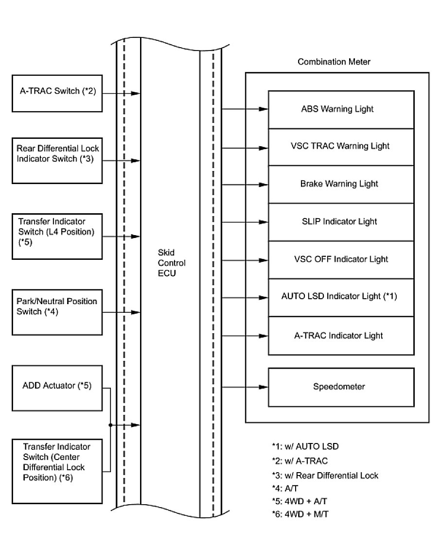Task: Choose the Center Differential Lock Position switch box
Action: [x=57, y=469]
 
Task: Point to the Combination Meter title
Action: [x=334, y=62]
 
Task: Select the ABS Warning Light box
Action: [x=341, y=109]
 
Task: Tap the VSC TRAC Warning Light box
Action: [x=341, y=146]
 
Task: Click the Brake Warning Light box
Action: [x=341, y=184]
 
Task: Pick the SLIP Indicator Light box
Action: [x=341, y=222]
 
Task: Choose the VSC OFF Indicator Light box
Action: [x=341, y=259]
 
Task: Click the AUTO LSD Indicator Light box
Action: [x=341, y=296]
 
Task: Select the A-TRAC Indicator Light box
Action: [x=341, y=336]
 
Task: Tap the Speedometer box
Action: [x=341, y=387]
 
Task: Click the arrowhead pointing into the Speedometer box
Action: [x=264, y=387]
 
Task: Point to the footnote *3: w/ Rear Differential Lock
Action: [x=325, y=476]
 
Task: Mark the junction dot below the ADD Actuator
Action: [x=111, y=425]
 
